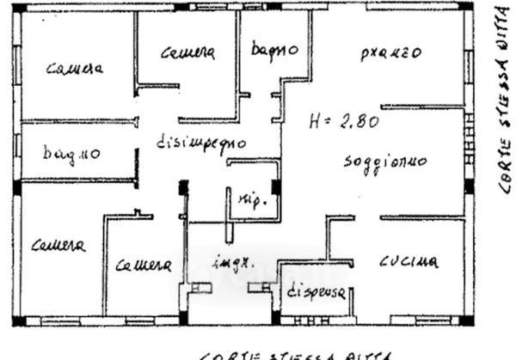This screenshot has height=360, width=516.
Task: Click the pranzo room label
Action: click(390, 53)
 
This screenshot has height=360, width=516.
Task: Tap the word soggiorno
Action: click(384, 162)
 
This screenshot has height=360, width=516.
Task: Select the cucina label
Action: click(409, 260)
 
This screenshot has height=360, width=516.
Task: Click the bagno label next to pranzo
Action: click(274, 50)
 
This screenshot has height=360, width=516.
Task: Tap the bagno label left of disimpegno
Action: click(72, 155)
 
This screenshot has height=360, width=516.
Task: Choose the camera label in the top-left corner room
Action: click(76, 69)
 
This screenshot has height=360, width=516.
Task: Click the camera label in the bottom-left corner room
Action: click(58, 247)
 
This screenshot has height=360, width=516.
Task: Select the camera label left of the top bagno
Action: click(187, 53)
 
